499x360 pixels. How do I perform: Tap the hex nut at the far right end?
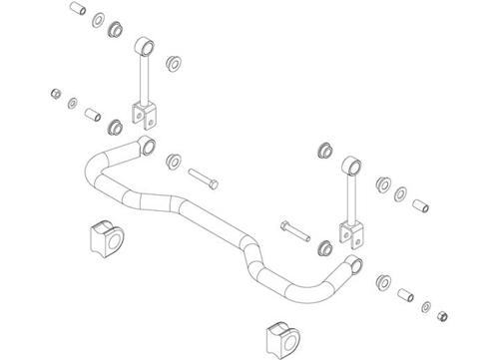(441, 316)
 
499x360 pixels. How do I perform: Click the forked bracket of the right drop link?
(349, 233)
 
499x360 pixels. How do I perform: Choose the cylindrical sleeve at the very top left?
(76, 11)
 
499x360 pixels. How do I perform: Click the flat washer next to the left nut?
(73, 103)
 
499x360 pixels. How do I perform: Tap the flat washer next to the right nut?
(424, 305)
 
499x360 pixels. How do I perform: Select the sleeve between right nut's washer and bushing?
(406, 296)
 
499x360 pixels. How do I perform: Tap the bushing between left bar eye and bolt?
(174, 161)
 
